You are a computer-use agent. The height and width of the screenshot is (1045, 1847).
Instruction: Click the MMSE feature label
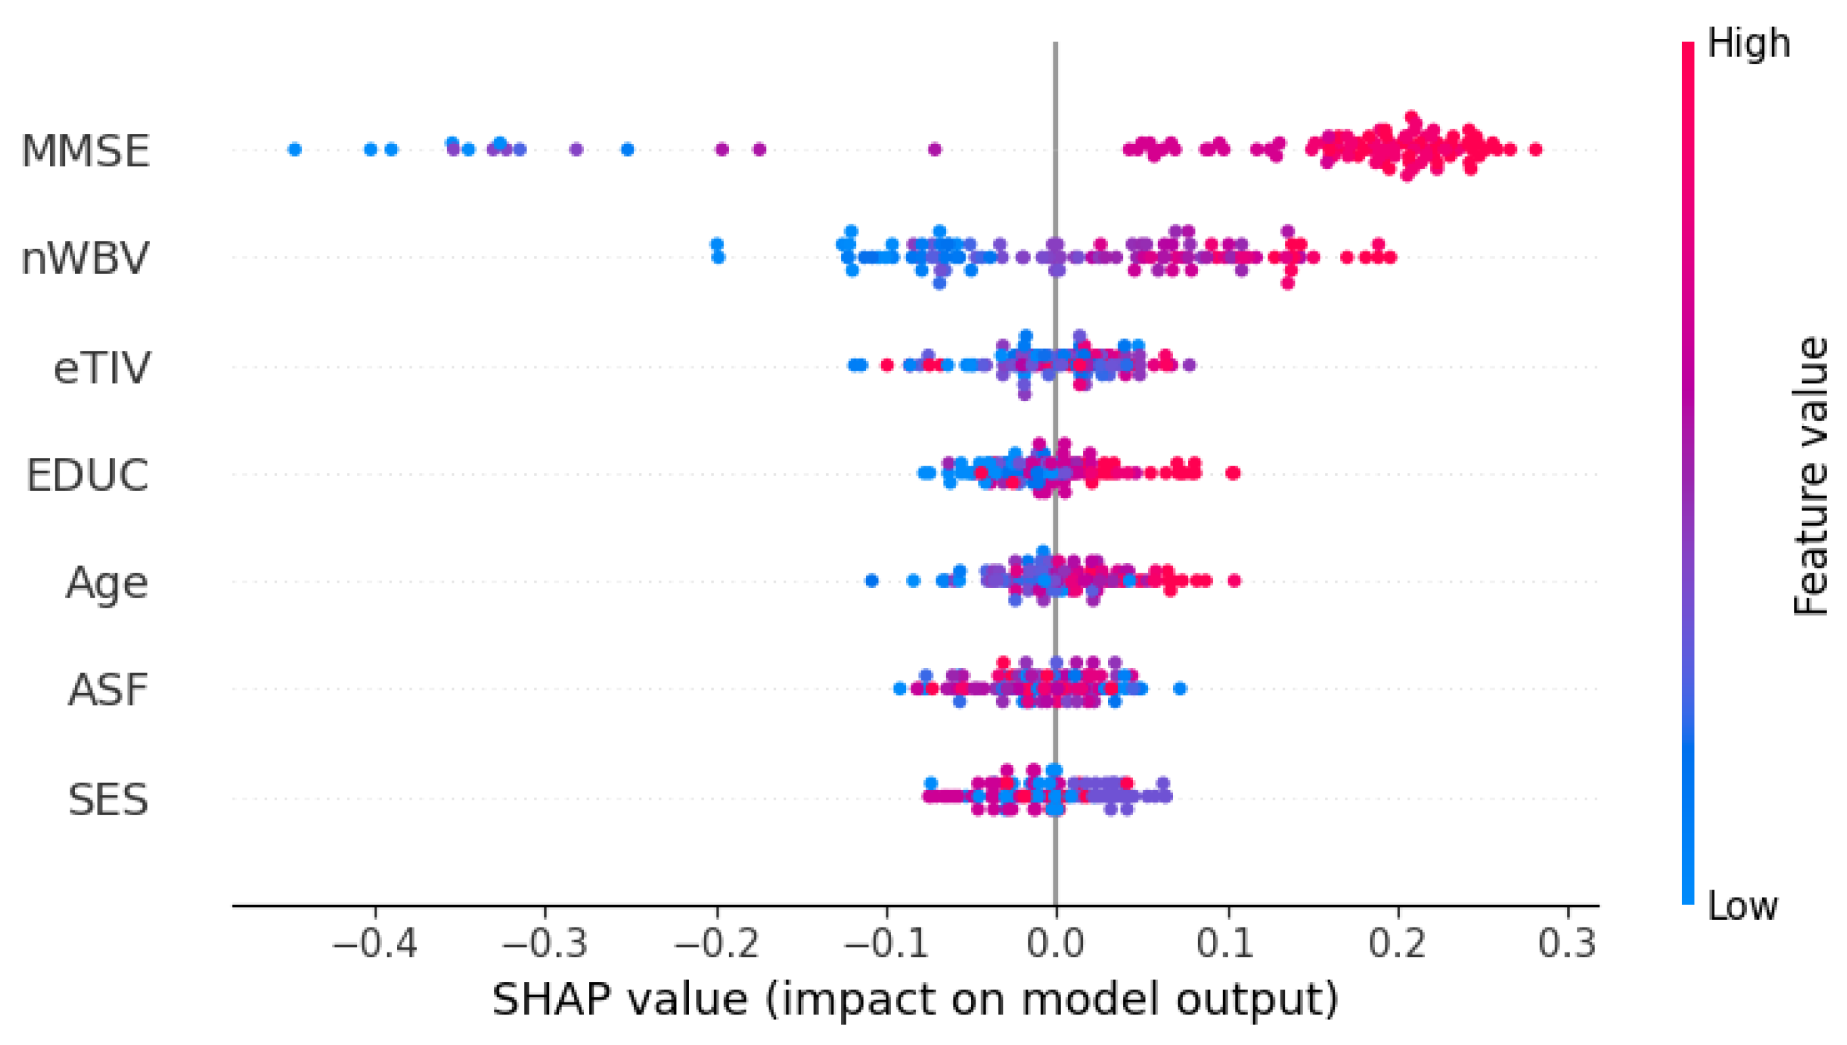point(85,151)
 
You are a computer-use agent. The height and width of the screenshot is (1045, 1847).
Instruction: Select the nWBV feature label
point(85,258)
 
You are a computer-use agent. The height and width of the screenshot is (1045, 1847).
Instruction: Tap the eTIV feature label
point(102,368)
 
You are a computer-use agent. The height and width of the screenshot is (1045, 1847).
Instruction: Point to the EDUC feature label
point(88,475)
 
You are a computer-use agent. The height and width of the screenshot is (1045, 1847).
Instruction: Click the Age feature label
point(107,583)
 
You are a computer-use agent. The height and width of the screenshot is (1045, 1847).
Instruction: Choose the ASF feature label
point(107,690)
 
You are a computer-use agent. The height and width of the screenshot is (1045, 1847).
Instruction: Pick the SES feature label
point(107,800)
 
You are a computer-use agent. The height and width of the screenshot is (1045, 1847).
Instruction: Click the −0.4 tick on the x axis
point(374,944)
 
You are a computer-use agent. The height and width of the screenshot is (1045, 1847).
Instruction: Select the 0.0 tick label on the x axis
point(1055,944)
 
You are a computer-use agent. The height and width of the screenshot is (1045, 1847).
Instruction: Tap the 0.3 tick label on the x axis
point(1567,944)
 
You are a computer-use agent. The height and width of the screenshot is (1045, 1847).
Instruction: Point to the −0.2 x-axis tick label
point(716,944)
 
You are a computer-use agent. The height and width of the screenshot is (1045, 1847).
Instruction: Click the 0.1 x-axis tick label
point(1226,944)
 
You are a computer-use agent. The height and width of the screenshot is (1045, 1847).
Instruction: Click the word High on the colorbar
point(1749,44)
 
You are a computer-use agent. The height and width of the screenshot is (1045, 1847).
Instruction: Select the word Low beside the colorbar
point(1743,906)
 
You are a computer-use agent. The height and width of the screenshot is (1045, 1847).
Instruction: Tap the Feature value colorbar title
point(1809,475)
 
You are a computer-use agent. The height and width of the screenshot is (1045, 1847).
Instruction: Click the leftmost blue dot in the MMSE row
point(294,149)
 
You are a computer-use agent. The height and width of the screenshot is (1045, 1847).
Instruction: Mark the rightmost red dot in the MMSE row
point(1535,149)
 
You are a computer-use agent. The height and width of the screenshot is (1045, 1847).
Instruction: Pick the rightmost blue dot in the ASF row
point(1180,689)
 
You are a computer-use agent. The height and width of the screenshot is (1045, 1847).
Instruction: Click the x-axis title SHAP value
point(915,1000)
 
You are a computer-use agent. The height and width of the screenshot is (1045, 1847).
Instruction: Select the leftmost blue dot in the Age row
point(871,581)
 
